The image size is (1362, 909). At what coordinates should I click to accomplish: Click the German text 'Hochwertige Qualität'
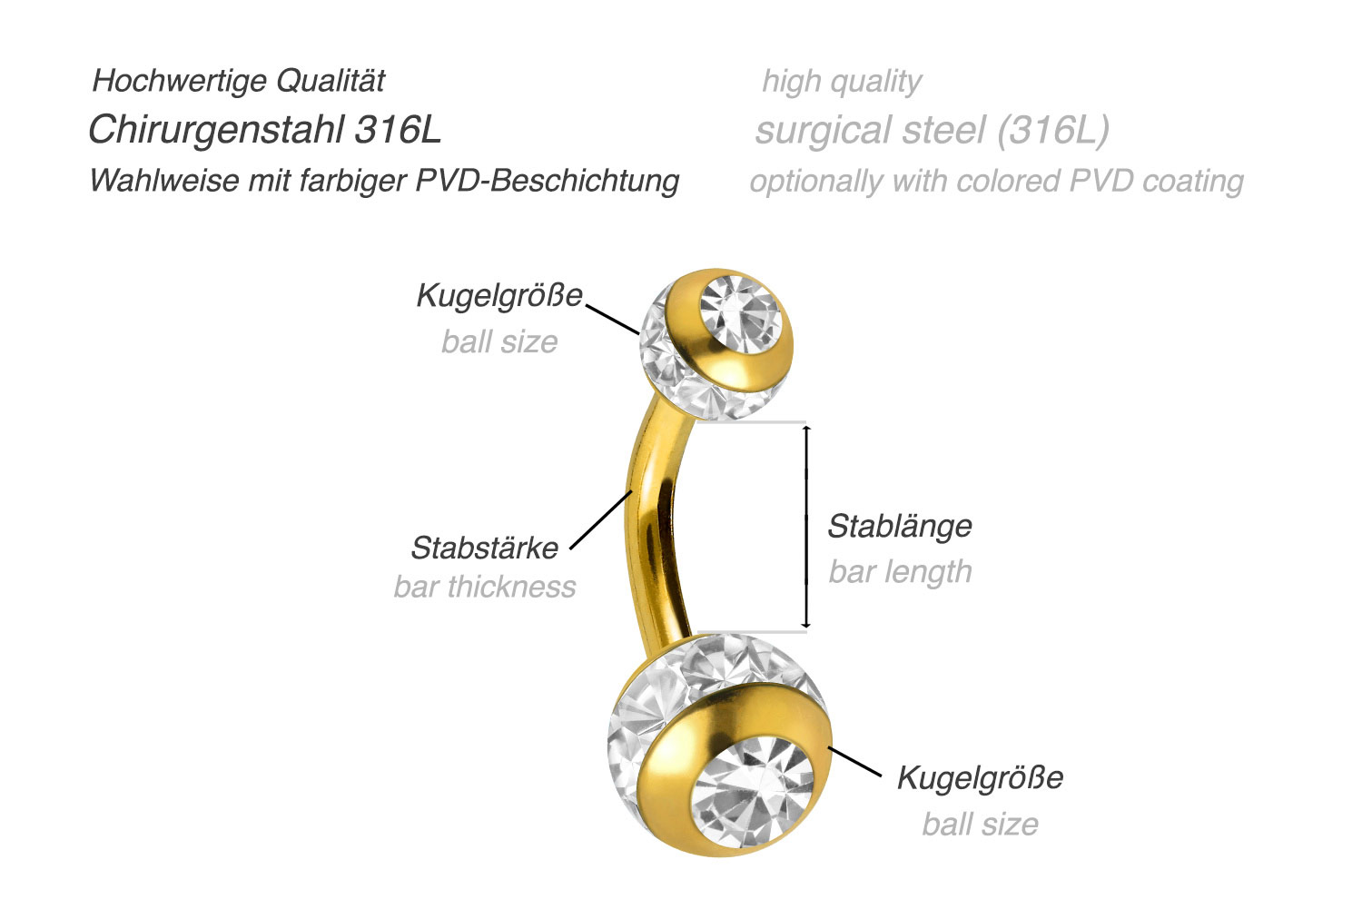pyautogui.click(x=239, y=81)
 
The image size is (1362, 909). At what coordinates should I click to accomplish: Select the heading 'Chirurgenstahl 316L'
pyautogui.click(x=264, y=130)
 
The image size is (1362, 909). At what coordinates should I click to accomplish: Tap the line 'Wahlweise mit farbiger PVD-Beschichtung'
pyautogui.click(x=384, y=180)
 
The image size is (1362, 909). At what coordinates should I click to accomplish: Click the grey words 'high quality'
pyautogui.click(x=842, y=81)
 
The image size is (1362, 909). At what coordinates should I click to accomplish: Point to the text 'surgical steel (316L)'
pyautogui.click(x=932, y=130)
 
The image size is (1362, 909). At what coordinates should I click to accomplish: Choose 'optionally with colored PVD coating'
pyautogui.click(x=996, y=180)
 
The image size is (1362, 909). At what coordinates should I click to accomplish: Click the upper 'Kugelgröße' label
pyautogui.click(x=498, y=295)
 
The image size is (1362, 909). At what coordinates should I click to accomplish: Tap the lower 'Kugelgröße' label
pyautogui.click(x=980, y=777)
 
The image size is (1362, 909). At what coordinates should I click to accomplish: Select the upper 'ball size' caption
pyautogui.click(x=499, y=341)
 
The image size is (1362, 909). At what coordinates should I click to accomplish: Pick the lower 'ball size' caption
pyautogui.click(x=980, y=824)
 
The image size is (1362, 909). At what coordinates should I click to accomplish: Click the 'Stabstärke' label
pyautogui.click(x=485, y=548)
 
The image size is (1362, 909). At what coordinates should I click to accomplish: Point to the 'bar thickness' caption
pyautogui.click(x=485, y=587)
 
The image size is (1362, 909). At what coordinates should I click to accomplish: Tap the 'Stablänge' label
pyautogui.click(x=900, y=526)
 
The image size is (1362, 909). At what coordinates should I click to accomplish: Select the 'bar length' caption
pyautogui.click(x=900, y=571)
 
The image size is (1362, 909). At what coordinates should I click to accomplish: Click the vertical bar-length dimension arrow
pyautogui.click(x=806, y=527)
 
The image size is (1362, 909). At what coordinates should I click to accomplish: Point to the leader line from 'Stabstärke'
pyautogui.click(x=601, y=519)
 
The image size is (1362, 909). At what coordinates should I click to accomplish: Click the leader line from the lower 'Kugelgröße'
pyautogui.click(x=854, y=762)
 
